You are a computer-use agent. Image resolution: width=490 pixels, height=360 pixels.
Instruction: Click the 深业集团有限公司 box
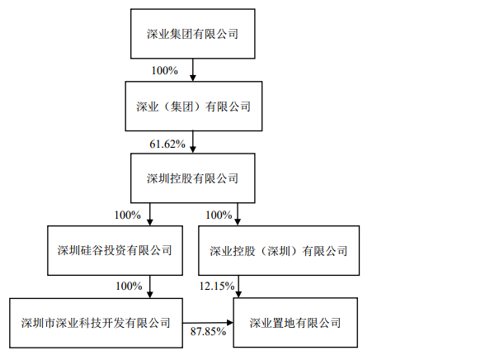tap(193, 34)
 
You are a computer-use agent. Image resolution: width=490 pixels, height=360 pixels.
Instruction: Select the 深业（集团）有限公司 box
tap(194, 107)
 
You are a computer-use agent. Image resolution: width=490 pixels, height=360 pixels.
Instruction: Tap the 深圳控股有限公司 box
tap(193, 178)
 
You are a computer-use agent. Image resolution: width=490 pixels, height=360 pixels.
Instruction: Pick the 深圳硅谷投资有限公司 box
tap(115, 250)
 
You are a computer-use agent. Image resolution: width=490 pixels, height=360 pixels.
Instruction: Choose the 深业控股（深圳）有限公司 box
tap(279, 250)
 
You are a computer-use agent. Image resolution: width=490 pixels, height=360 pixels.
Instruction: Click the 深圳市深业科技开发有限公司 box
tap(96, 323)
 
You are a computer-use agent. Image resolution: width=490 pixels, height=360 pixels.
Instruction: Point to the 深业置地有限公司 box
tap(295, 323)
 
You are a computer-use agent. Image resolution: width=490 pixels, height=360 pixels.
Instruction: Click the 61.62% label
tap(167, 144)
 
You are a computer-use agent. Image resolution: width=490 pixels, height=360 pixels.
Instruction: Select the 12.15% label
tap(217, 286)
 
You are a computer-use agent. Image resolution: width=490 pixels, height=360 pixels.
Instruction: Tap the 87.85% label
tap(208, 331)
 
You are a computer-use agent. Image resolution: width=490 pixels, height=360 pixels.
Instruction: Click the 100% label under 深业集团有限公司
tap(165, 70)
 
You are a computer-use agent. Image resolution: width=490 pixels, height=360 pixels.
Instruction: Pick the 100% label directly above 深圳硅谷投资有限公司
tap(128, 215)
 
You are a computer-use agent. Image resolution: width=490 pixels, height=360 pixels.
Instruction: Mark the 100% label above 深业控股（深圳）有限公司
tap(219, 215)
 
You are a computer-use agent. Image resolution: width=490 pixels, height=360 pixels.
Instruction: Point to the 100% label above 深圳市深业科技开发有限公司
tap(129, 286)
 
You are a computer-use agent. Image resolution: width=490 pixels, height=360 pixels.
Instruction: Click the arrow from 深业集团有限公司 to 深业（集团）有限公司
tap(193, 70)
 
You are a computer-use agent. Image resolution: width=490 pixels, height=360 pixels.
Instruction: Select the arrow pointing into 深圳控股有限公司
tap(193, 142)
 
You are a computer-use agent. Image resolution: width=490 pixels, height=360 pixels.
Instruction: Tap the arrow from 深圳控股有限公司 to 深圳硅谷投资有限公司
tap(150, 215)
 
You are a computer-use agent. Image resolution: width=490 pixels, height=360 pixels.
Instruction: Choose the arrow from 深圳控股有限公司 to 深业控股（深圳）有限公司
tap(238, 215)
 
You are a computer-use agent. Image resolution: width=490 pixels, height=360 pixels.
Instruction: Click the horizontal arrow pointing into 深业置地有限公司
tap(208, 323)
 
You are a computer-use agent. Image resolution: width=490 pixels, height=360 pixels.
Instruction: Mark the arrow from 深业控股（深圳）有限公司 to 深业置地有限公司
tap(238, 287)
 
